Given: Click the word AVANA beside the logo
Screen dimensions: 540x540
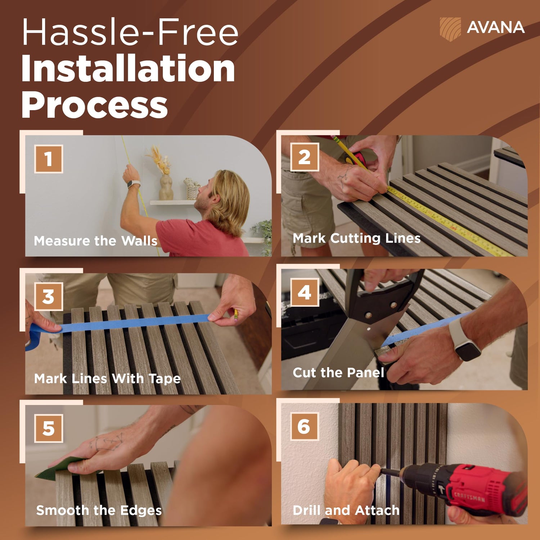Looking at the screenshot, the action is (495, 28).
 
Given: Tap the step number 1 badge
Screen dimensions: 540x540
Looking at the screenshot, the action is (49, 159).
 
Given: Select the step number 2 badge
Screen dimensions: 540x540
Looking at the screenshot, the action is (305, 157).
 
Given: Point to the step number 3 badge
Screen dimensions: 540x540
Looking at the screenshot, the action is (49, 297).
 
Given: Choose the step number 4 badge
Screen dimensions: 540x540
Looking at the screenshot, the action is (305, 292).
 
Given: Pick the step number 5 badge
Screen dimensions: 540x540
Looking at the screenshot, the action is (49, 428).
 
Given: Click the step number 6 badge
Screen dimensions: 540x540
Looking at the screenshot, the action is (305, 427).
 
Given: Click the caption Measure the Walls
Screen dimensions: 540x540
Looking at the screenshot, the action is (96, 240).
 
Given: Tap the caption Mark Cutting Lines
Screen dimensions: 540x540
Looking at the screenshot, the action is (356, 238).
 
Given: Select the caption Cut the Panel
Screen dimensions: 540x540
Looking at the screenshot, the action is (338, 373).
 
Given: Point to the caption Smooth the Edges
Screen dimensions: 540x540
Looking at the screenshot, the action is (99, 510).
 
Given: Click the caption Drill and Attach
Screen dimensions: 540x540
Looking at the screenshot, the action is (346, 510).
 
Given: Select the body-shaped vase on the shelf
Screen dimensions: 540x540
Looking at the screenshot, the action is (166, 187).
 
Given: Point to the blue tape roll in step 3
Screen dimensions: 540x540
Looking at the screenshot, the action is (34, 337).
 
